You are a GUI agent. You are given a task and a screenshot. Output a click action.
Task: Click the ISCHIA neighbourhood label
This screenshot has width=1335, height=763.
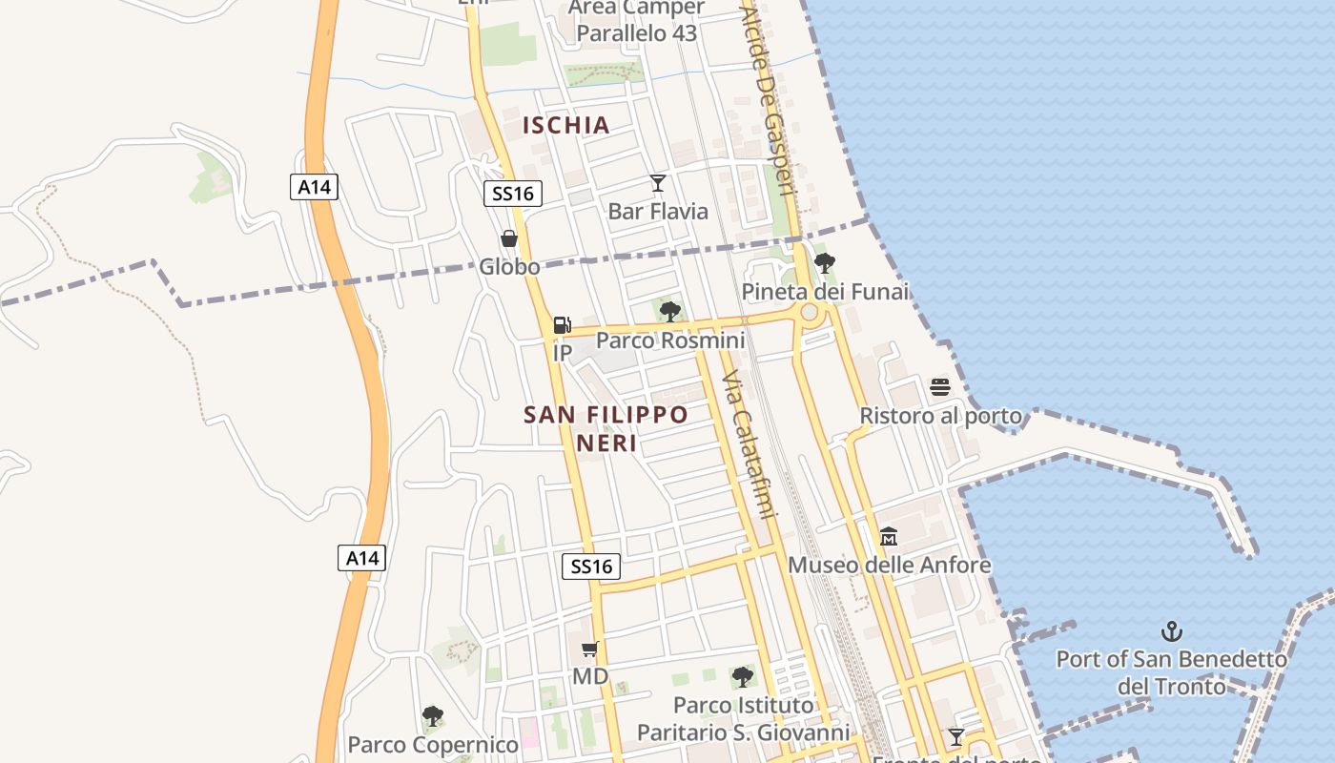tap(566, 125)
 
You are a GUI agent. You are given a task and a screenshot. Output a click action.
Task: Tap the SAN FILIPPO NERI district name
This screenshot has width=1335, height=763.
tap(606, 428)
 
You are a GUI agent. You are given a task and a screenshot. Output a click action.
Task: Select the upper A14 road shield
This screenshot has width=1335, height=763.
tap(314, 187)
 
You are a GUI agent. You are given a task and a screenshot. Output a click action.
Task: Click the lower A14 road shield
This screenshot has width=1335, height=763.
tap(362, 558)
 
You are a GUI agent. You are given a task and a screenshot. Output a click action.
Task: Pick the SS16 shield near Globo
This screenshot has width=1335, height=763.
tap(513, 194)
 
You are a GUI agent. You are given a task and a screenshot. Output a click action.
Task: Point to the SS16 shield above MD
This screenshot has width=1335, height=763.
tap(591, 567)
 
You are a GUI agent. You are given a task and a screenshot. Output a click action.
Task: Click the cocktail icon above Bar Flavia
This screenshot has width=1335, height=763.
tap(658, 182)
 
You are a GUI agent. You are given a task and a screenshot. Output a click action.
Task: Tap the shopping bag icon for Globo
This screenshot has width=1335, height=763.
tap(509, 238)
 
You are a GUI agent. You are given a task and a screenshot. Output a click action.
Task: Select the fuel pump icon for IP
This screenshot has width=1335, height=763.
tap(563, 325)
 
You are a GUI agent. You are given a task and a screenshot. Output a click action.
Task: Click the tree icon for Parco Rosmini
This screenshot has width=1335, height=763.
tap(670, 311)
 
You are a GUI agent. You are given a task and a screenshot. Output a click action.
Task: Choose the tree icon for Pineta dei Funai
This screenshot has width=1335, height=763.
tap(825, 263)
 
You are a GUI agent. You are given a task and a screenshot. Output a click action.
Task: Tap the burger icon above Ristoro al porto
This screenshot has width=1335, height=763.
tap(940, 387)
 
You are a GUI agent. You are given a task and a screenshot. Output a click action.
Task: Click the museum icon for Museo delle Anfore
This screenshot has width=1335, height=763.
tap(889, 537)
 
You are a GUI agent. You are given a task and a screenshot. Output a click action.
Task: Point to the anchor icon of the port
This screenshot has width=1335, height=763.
tap(1171, 631)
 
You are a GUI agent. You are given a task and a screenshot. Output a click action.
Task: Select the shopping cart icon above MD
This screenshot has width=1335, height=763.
tap(590, 650)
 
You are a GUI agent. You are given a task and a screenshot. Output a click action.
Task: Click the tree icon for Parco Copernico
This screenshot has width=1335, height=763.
tap(433, 716)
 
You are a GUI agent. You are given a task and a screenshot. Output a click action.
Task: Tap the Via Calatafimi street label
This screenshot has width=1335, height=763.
tap(746, 445)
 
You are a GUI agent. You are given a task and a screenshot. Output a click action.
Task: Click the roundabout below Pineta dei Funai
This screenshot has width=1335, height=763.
tap(810, 313)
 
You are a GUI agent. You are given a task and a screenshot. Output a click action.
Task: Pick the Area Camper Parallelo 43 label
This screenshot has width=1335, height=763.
tap(637, 20)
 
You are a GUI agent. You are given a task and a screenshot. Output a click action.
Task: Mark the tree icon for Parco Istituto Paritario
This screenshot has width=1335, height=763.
tap(743, 677)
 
